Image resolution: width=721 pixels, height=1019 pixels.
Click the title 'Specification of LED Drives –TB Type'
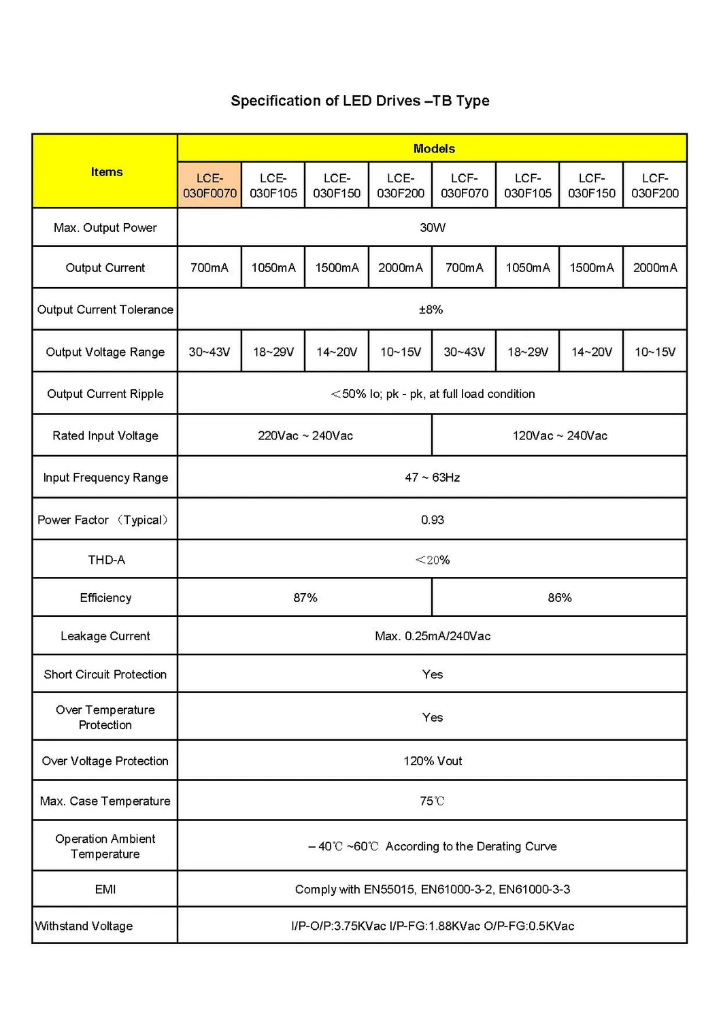(x=360, y=101)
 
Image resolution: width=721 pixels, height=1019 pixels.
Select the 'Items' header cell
(x=107, y=172)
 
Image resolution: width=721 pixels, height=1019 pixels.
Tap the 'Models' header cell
(x=434, y=149)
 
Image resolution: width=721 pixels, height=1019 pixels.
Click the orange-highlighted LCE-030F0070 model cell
(x=209, y=186)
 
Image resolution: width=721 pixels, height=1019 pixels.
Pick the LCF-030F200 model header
(x=655, y=186)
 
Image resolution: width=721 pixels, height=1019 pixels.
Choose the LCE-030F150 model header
(x=337, y=186)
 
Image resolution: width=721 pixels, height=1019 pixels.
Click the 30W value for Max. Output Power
(x=433, y=228)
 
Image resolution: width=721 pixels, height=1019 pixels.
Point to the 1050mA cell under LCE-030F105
(x=273, y=268)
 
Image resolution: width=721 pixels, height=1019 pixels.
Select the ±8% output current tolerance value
(x=431, y=310)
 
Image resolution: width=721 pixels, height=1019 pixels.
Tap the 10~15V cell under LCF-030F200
(x=655, y=352)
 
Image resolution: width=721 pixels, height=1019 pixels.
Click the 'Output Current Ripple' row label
(x=105, y=394)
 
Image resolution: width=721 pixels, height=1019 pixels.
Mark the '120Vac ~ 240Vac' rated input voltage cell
(x=560, y=436)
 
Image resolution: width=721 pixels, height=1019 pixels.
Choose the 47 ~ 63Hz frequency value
(x=433, y=478)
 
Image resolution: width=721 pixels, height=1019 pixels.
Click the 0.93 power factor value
(x=433, y=520)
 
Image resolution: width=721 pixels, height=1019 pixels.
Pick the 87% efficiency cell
(x=305, y=598)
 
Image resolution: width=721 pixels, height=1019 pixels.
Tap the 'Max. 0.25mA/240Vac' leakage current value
(x=433, y=637)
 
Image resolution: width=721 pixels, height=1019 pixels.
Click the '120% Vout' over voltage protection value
(x=433, y=761)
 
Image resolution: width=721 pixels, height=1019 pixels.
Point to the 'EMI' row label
(x=105, y=890)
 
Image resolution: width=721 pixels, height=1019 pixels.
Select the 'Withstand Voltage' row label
(x=84, y=926)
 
